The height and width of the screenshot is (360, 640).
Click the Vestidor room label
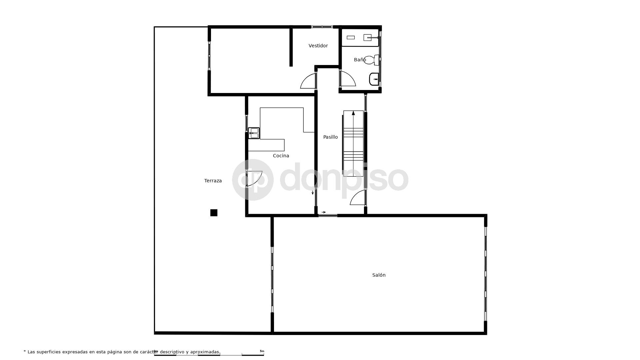[318, 46]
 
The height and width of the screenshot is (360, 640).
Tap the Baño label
[360, 60]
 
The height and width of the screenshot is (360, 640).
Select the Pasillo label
[330, 137]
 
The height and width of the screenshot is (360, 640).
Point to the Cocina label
[281, 156]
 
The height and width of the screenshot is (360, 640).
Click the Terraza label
[213, 181]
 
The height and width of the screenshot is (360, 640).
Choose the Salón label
[379, 275]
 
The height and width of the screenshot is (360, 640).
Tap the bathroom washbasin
[374, 79]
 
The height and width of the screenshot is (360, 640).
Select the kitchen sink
[254, 133]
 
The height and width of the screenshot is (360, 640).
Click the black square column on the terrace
[214, 213]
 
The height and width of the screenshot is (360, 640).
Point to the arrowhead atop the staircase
[353, 113]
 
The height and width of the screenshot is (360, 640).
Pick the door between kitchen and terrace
[254, 178]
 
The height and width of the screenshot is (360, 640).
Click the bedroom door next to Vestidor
[308, 81]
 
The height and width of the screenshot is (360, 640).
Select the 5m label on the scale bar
[262, 351]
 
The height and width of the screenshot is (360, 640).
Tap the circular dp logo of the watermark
[253, 180]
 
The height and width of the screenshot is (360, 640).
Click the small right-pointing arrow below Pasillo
[324, 212]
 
